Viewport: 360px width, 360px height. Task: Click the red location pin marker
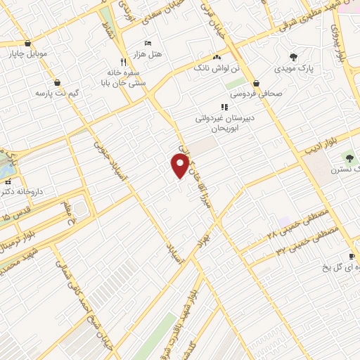(x=180, y=165)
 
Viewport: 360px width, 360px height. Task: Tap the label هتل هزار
(x=148, y=53)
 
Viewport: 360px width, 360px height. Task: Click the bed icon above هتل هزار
(x=148, y=43)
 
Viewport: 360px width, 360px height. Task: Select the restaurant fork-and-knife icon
(x=124, y=62)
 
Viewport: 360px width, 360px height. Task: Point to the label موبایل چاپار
(x=27, y=53)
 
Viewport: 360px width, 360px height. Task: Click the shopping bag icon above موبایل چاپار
(x=27, y=43)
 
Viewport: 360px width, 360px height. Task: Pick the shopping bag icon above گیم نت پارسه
(x=56, y=82)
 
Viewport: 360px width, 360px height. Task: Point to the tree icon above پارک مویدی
(x=293, y=57)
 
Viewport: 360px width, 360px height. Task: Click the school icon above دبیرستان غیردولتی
(x=224, y=107)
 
